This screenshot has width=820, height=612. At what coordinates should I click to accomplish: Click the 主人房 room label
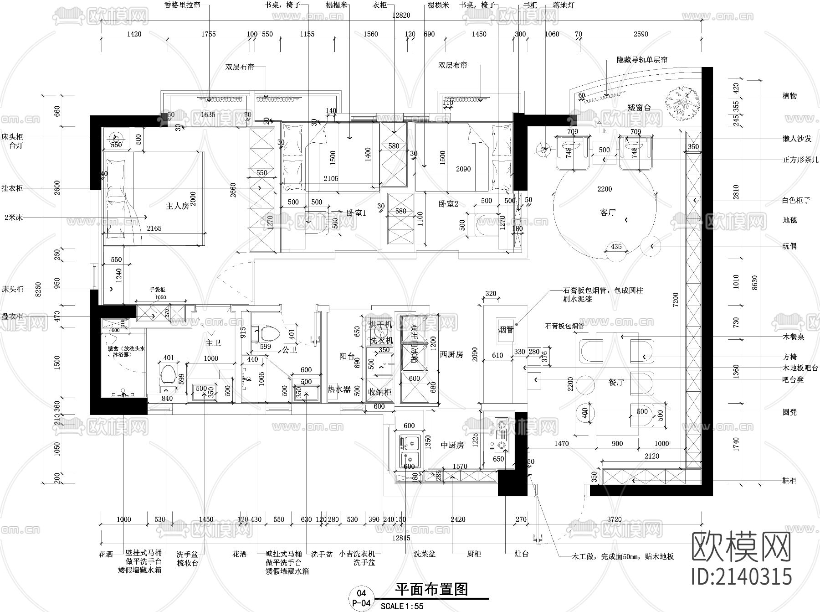177,206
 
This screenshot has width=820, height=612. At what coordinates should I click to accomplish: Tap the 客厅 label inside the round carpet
608,213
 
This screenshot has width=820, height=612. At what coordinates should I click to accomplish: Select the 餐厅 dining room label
616,382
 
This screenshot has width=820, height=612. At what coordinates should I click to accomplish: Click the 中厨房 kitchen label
452,445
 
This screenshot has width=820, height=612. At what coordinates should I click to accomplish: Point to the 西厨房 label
451,354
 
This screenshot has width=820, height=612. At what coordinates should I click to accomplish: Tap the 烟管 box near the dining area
506,329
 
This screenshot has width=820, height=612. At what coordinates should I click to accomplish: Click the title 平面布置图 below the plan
431,589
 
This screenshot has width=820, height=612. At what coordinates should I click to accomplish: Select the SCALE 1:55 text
402,606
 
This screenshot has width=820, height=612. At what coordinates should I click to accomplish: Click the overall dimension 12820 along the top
401,15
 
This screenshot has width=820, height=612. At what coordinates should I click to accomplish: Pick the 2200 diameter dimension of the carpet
605,189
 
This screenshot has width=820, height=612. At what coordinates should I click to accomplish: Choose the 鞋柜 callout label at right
789,481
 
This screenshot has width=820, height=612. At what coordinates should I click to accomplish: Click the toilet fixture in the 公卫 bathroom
269,333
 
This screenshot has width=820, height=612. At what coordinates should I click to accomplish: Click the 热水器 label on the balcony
339,389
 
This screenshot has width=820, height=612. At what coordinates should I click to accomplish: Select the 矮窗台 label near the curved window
639,108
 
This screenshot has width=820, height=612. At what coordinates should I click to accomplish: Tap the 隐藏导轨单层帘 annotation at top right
642,60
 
